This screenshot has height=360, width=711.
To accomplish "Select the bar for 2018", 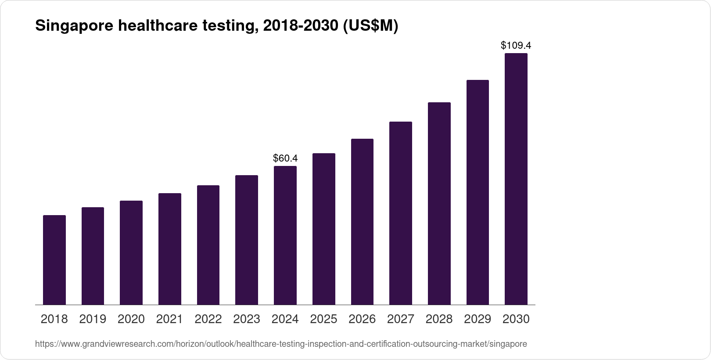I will (x=54, y=260).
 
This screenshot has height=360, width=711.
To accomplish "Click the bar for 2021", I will (x=170, y=249).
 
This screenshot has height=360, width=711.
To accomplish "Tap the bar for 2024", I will (x=285, y=235).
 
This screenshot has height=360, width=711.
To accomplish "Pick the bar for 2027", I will (x=401, y=213).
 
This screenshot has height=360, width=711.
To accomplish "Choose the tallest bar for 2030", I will (x=516, y=179).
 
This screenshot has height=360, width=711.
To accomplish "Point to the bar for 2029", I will (x=478, y=192).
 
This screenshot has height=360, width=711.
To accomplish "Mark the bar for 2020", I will (x=131, y=252).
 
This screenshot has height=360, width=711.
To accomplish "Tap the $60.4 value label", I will (x=285, y=158).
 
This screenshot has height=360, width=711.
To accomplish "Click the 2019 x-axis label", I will (x=93, y=319).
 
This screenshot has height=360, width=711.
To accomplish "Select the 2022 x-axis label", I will (x=208, y=319).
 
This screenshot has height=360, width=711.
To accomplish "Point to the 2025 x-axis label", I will (x=323, y=319).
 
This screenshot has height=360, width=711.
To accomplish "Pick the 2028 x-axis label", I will (x=439, y=319).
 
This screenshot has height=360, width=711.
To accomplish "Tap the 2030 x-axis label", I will (x=516, y=319).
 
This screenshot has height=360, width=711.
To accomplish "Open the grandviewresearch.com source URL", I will (x=281, y=344).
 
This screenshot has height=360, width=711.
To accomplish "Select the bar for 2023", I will (x=247, y=240).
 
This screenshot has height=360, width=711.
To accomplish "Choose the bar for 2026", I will (x=362, y=222).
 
